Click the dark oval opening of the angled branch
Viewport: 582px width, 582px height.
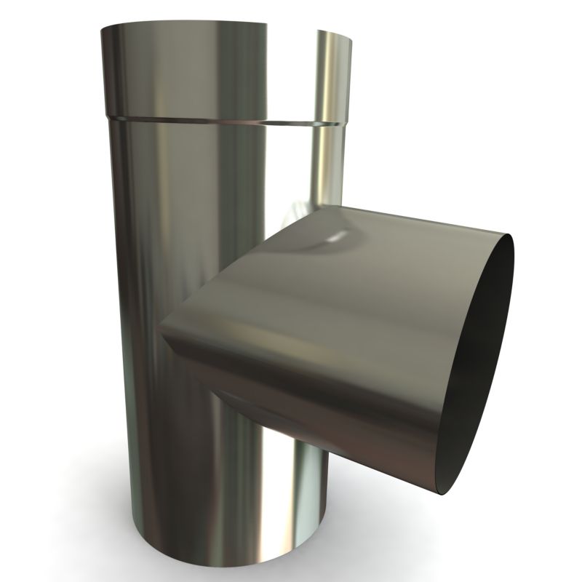tap(473, 364)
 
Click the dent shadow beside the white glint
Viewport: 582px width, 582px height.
tap(313, 247)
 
